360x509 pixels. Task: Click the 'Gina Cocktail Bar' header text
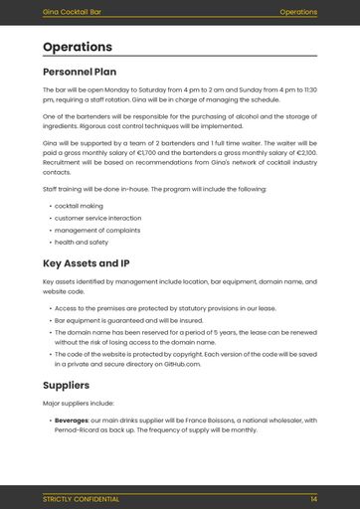tap(71, 12)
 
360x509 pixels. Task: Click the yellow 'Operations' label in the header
tap(298, 12)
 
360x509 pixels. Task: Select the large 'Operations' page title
tap(78, 47)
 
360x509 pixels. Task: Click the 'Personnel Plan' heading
tap(80, 72)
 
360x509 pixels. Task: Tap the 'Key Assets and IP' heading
tap(87, 263)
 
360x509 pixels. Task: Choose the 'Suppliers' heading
tap(66, 385)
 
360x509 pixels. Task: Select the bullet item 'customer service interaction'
tap(97, 218)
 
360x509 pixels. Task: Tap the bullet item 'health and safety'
tap(82, 242)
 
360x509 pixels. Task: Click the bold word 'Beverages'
tap(72, 420)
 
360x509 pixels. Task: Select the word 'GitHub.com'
tap(181, 365)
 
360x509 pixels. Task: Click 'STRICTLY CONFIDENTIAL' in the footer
tap(81, 498)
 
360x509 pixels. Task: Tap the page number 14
tap(313, 498)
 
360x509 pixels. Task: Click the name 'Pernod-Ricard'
tap(81, 430)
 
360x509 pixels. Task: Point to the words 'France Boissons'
tap(200, 420)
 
